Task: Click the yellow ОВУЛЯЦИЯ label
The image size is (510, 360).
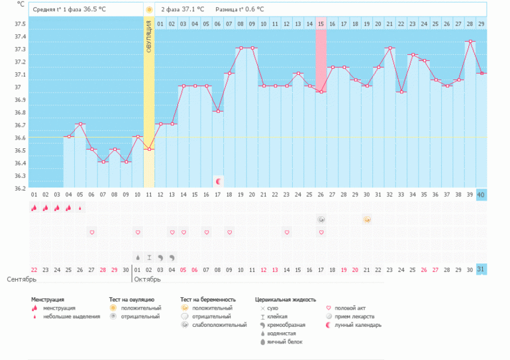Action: pyautogui.click(x=149, y=44)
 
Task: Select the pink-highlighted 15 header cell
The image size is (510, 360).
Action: pyautogui.click(x=321, y=24)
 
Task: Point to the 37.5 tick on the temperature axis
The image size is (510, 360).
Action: pyautogui.click(x=20, y=24)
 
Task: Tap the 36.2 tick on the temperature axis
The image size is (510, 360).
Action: pyautogui.click(x=20, y=189)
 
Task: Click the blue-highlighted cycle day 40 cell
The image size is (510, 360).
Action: pyautogui.click(x=481, y=195)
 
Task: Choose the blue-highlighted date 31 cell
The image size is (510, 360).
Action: pyautogui.click(x=481, y=269)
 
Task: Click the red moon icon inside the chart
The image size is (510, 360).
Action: pyautogui.click(x=218, y=181)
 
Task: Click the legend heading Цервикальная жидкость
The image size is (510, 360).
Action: pyautogui.click(x=285, y=300)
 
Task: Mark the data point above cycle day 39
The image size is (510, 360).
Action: pyautogui.click(x=470, y=42)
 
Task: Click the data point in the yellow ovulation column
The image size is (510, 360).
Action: pyautogui.click(x=149, y=150)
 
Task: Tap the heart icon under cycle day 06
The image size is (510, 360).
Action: pyautogui.click(x=92, y=232)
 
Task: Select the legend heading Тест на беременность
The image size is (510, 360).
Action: pyautogui.click(x=209, y=300)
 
